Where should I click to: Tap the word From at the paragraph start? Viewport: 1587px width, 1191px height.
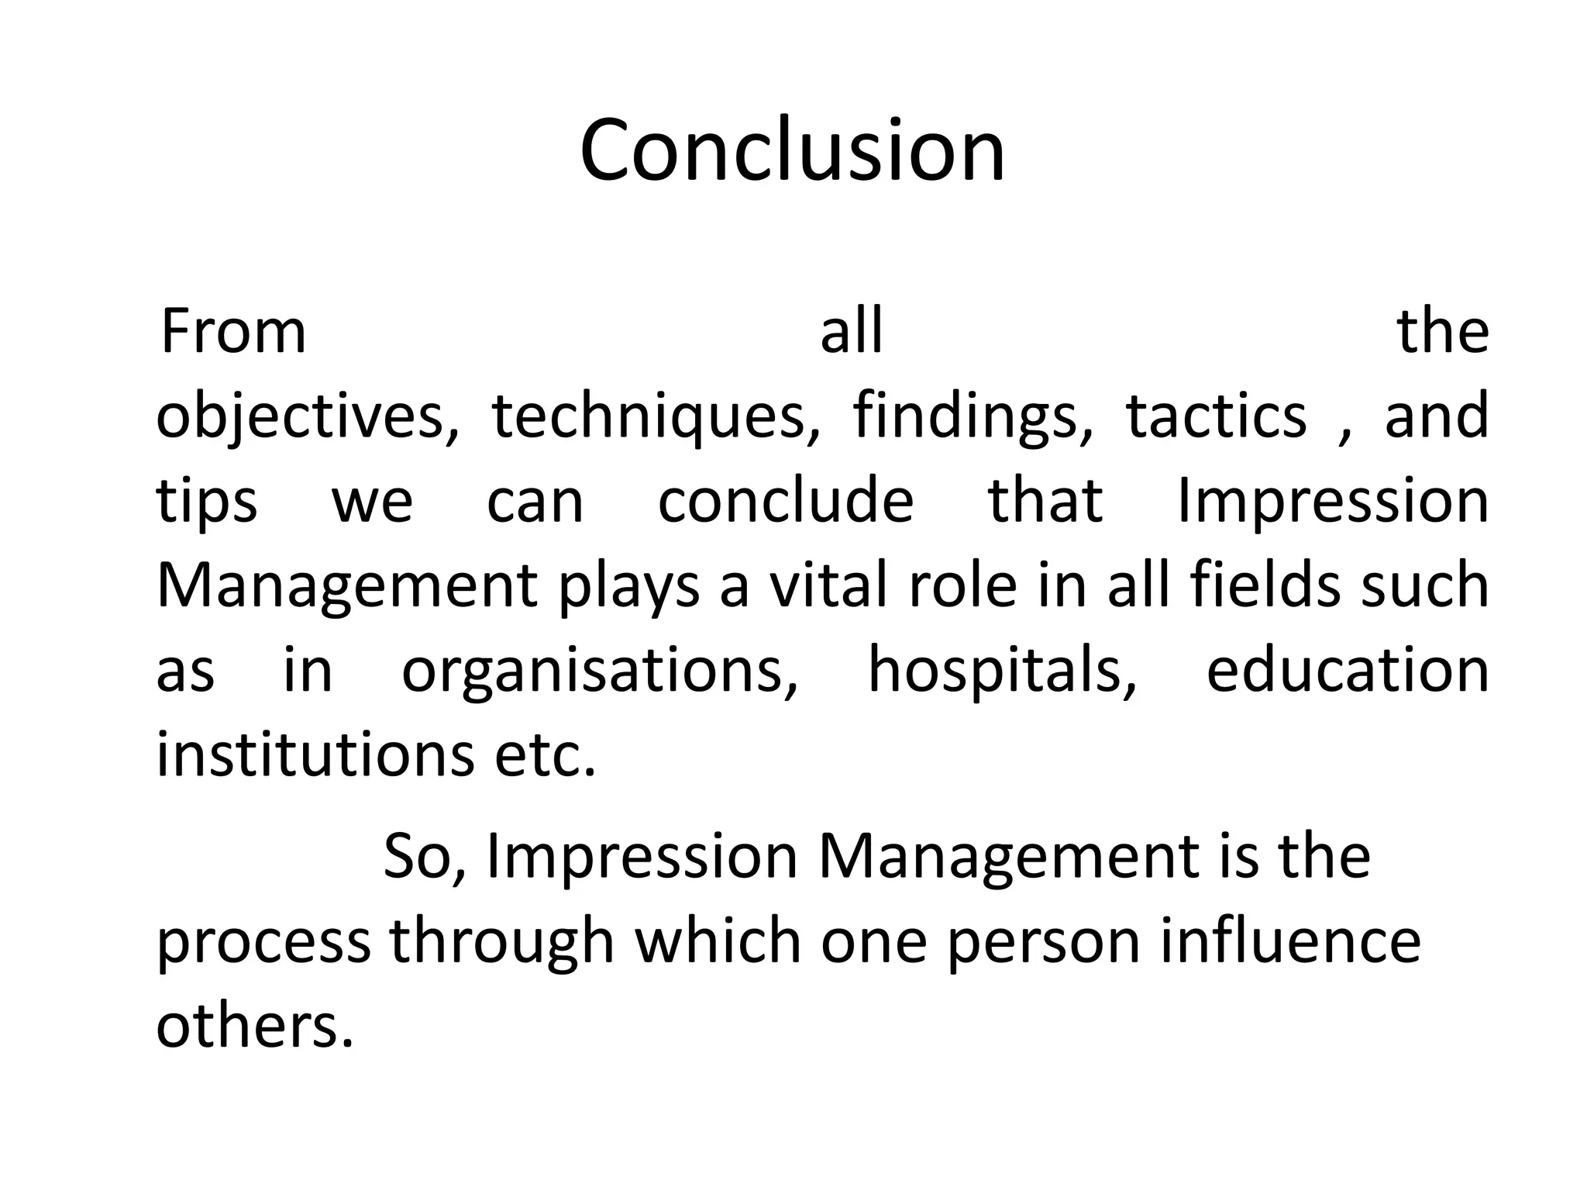[233, 332]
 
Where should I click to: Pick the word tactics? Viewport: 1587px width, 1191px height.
[1216, 416]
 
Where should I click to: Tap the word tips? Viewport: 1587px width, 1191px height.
[206, 502]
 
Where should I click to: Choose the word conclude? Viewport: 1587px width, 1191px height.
[786, 501]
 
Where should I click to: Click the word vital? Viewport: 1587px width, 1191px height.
[828, 585]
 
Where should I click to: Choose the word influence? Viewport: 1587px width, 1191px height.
[1290, 941]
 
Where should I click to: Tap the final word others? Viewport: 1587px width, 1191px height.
[255, 1026]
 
